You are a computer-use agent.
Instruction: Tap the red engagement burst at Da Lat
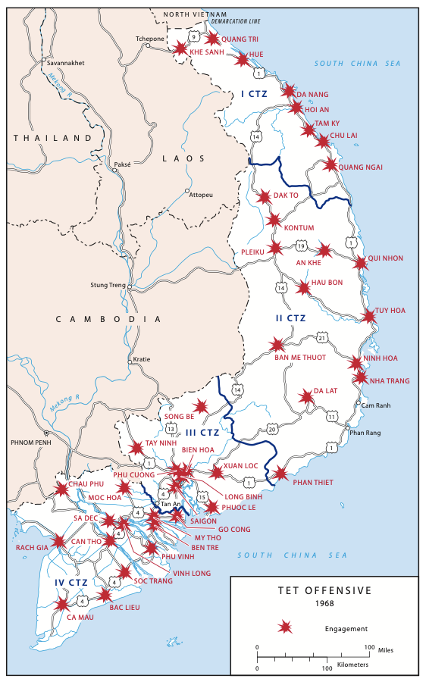[x=306, y=397]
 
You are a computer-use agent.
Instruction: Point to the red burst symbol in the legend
[x=285, y=627]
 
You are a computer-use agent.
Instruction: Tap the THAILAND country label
[x=52, y=138]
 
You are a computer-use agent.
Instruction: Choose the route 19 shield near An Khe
[x=301, y=246]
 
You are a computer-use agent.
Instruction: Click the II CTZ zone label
[x=290, y=318]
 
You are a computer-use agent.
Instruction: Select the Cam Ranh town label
[x=376, y=405]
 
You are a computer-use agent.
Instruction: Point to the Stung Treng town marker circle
[x=130, y=287]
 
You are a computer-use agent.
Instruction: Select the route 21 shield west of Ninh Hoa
[x=322, y=336]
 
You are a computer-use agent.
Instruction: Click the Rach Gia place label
[x=31, y=546]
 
